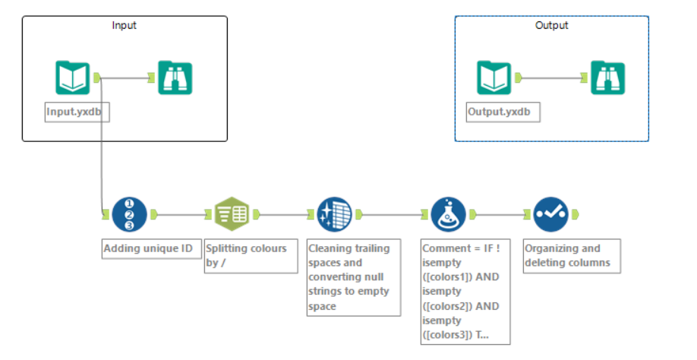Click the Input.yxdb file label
point(74,111)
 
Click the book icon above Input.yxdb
point(73,77)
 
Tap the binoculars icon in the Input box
point(175,77)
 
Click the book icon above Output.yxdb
point(494,77)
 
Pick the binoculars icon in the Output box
point(607,77)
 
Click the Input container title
point(124,25)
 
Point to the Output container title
point(551,25)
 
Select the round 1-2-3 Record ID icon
point(129,214)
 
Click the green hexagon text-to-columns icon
point(231,214)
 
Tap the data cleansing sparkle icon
point(333,214)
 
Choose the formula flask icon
point(448,214)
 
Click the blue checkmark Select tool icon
point(550,214)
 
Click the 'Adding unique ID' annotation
point(152,248)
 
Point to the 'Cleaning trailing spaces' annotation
point(353,277)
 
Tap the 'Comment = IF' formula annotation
point(465,292)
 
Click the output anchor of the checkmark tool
point(576,214)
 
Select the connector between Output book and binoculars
point(550,77)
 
